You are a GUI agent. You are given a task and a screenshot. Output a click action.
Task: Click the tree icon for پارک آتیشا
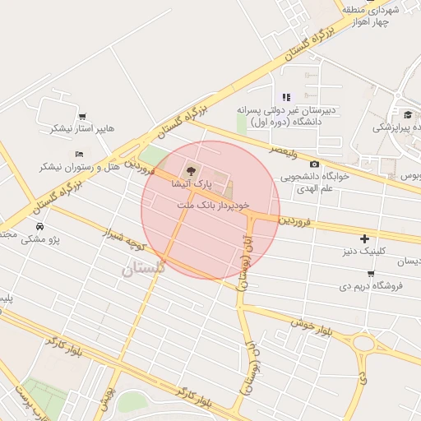click(191, 171)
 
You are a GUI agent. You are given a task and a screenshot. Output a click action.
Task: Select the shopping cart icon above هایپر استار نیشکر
click(82, 116)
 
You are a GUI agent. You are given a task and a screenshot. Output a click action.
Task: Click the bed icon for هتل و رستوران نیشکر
click(79, 154)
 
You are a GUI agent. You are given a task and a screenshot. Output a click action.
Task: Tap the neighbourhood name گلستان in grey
click(143, 267)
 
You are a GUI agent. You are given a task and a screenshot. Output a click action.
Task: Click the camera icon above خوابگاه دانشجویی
click(314, 164)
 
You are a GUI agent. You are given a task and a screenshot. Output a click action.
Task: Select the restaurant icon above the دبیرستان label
click(287, 97)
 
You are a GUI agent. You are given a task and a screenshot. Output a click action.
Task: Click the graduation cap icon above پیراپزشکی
click(407, 114)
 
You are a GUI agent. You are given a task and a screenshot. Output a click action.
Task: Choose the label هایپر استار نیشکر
click(82, 129)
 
